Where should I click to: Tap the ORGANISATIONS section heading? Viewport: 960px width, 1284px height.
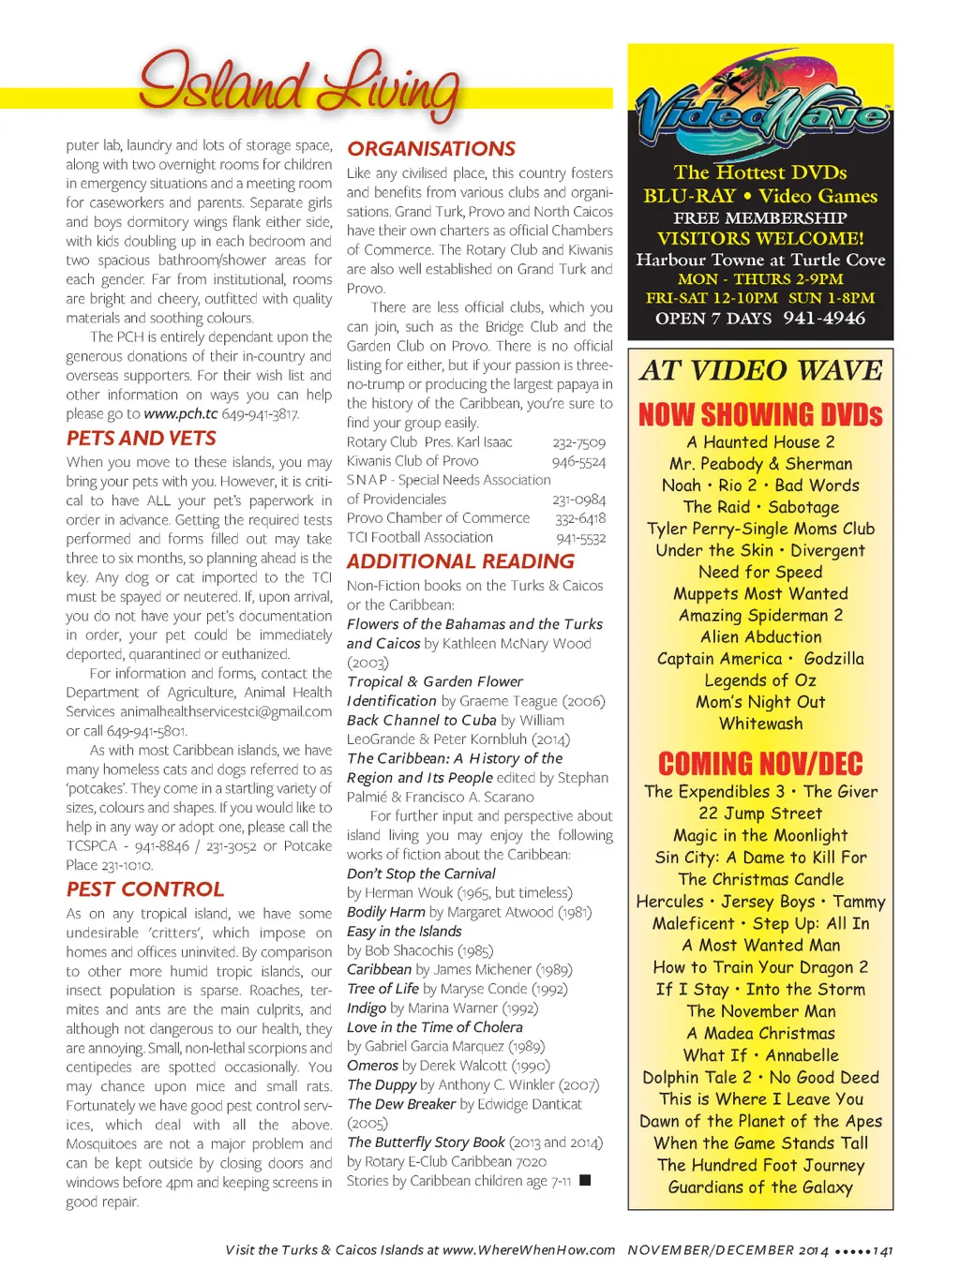pyautogui.click(x=431, y=149)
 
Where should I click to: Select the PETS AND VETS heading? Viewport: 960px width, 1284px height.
pyautogui.click(x=142, y=439)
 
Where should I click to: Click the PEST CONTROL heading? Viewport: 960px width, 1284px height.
pyautogui.click(x=145, y=889)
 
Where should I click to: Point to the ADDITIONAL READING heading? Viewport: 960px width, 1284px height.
pyautogui.click(x=460, y=561)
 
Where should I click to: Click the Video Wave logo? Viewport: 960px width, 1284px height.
pyautogui.click(x=760, y=112)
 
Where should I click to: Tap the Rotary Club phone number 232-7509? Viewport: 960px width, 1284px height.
pyautogui.click(x=578, y=442)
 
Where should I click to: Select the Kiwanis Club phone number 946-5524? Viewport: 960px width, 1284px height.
pyautogui.click(x=578, y=462)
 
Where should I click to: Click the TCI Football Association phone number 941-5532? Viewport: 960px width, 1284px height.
pyautogui.click(x=580, y=538)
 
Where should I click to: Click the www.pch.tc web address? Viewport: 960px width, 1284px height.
pyautogui.click(x=181, y=413)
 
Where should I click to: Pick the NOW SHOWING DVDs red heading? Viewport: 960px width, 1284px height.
pyautogui.click(x=760, y=414)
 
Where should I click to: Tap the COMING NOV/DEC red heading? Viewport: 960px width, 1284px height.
pyautogui.click(x=760, y=764)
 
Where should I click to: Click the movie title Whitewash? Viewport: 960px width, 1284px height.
pyautogui.click(x=760, y=724)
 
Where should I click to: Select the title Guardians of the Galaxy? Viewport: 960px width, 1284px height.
pyautogui.click(x=760, y=1187)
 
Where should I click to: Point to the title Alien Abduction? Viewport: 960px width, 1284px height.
pyautogui.click(x=760, y=637)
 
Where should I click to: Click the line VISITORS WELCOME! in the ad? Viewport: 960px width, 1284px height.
pyautogui.click(x=760, y=239)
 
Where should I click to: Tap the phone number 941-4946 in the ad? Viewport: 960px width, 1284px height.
pyautogui.click(x=824, y=319)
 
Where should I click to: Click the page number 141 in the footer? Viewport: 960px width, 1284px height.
pyautogui.click(x=883, y=1250)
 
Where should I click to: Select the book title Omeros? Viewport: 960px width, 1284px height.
pyautogui.click(x=373, y=1066)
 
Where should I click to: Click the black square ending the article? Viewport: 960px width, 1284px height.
pyautogui.click(x=585, y=1181)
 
